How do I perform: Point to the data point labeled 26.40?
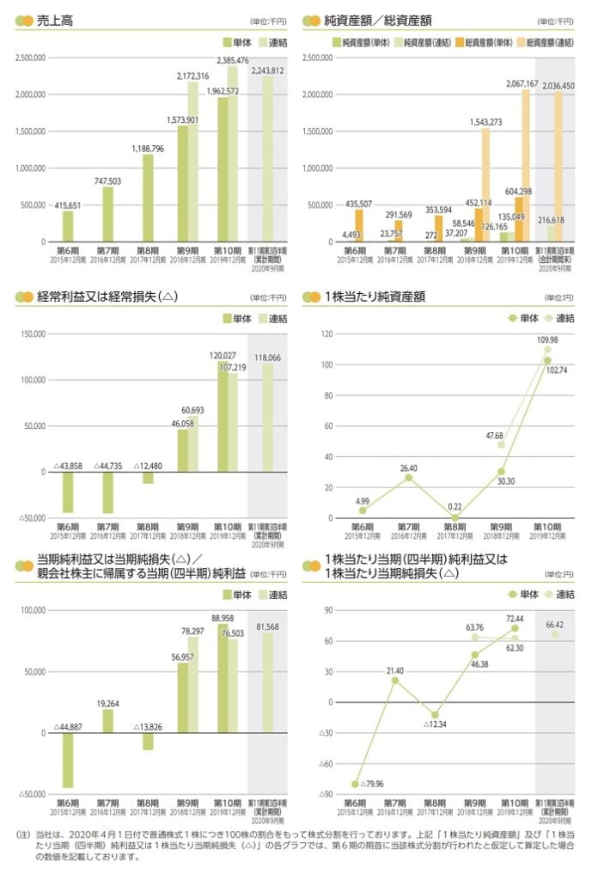(409, 478)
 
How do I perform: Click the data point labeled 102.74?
(546, 361)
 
